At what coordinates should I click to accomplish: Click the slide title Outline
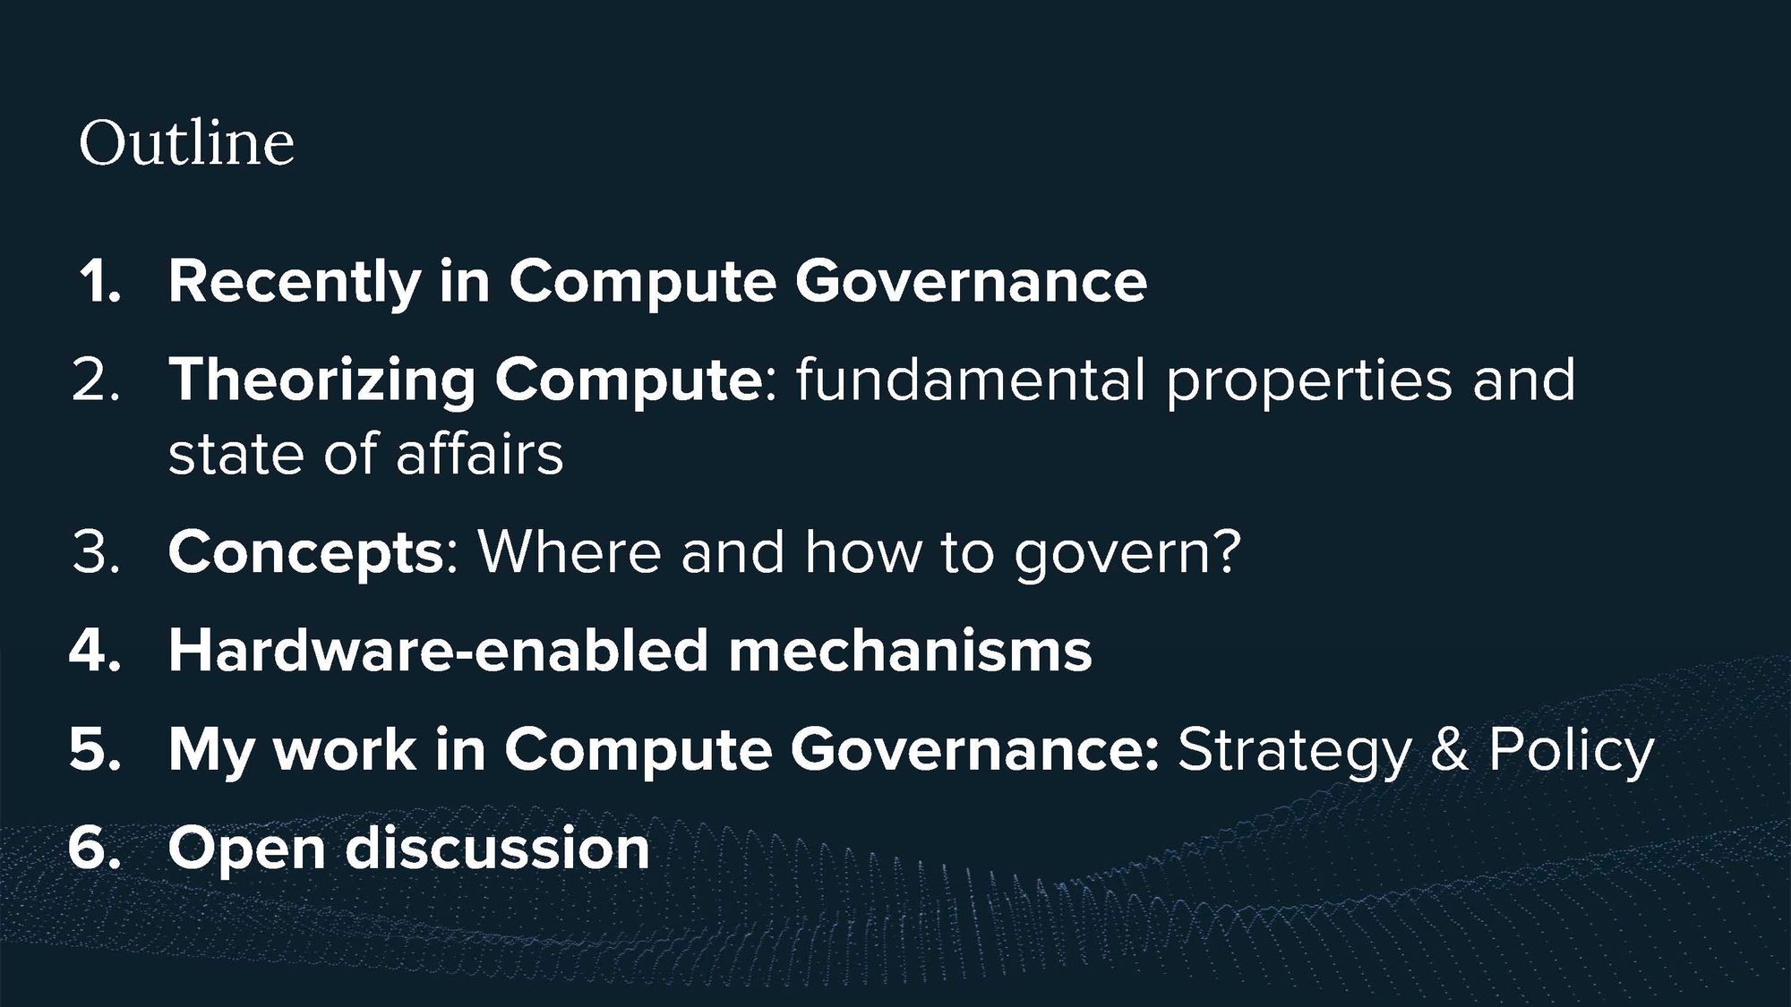186,142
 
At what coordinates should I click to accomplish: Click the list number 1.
99,282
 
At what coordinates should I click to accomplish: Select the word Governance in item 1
971,282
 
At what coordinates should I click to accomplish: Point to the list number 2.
96,380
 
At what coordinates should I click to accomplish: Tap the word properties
1308,383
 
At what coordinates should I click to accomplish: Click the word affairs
479,453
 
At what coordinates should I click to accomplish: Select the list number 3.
96,552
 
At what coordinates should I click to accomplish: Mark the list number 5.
95,748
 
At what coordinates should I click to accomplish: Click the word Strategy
1294,752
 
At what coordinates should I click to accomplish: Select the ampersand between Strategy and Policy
1449,748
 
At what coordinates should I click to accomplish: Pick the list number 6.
95,847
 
